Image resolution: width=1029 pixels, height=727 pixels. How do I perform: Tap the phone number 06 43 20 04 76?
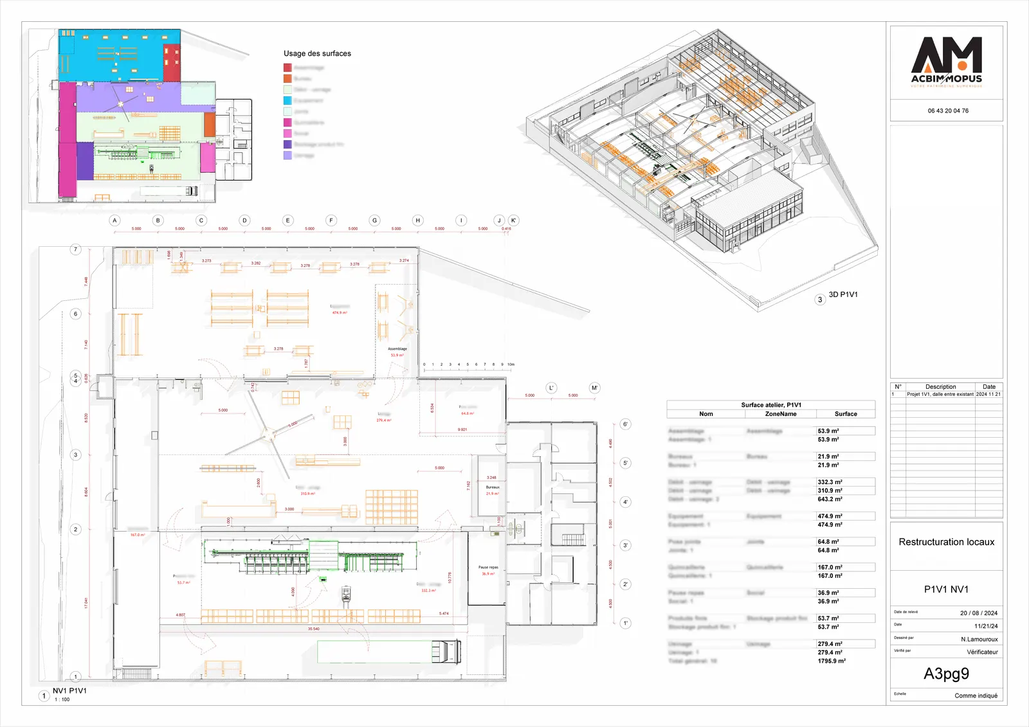pos(947,111)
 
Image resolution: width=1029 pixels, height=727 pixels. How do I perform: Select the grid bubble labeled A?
pos(114,220)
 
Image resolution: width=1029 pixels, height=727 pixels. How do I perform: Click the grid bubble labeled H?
pos(417,220)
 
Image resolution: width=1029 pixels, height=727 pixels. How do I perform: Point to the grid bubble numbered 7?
pos(75,249)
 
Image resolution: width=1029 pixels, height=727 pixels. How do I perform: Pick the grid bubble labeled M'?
pos(594,388)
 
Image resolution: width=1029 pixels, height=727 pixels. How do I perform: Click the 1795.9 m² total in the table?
pos(832,661)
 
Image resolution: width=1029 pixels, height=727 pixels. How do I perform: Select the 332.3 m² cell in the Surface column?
pos(830,482)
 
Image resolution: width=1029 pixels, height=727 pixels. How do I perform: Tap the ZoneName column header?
pos(781,414)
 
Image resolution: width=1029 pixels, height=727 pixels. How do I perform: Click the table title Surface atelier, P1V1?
pos(770,405)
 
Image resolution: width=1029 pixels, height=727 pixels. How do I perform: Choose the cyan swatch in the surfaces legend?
pos(287,100)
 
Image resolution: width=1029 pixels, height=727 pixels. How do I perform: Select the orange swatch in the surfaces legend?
pos(287,78)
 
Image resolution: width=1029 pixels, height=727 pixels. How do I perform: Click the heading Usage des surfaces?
pos(317,53)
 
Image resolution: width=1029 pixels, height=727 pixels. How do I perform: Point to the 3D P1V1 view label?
pos(842,295)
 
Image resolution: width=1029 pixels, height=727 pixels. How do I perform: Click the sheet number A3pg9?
pos(946,674)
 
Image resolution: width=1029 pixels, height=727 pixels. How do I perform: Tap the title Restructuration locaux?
pos(946,542)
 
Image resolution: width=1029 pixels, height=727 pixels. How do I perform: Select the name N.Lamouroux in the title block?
pos(979,640)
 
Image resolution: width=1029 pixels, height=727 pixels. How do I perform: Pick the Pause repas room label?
pos(488,568)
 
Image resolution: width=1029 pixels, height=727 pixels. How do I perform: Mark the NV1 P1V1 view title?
pos(69,691)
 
